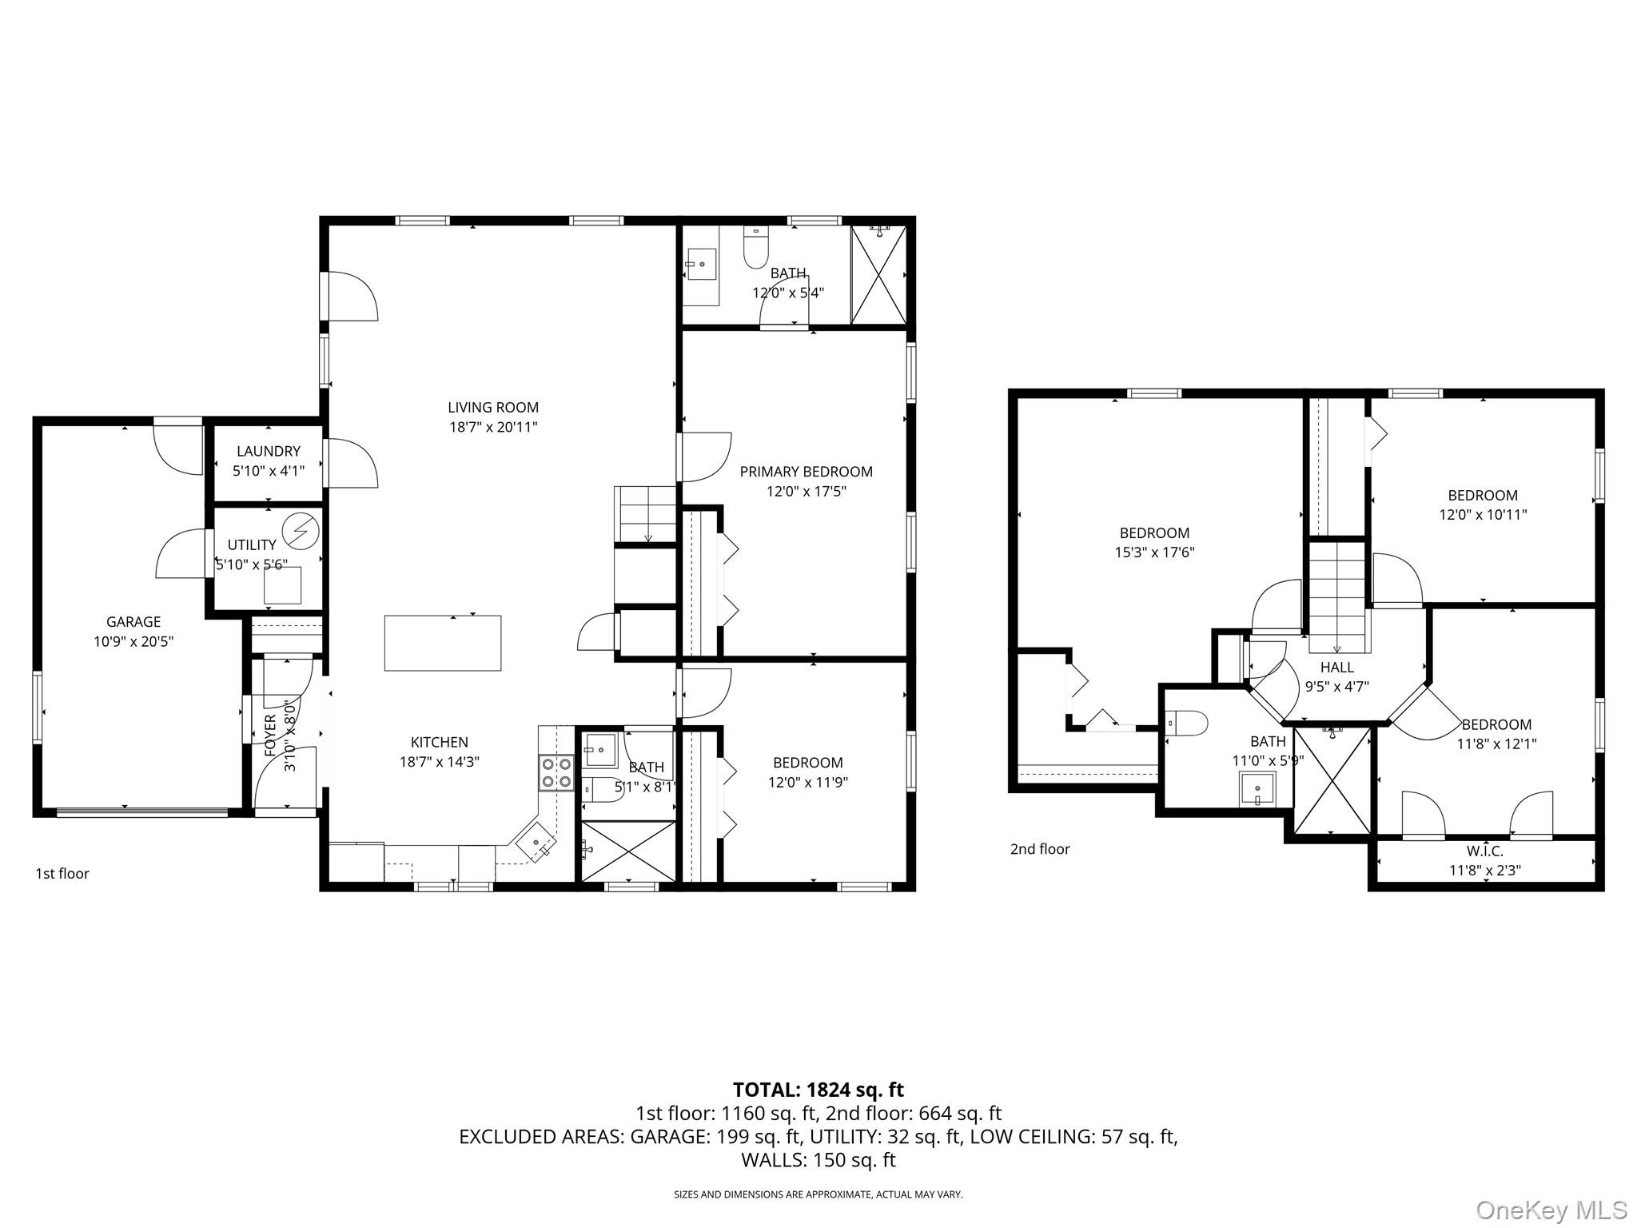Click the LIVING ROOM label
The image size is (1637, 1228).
pyautogui.click(x=493, y=408)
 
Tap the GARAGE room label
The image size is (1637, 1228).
pyautogui.click(x=133, y=622)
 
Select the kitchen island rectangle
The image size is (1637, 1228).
pyautogui.click(x=443, y=643)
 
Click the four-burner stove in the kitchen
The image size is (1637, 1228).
pyautogui.click(x=557, y=772)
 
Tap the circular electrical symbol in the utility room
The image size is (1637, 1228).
pyautogui.click(x=305, y=530)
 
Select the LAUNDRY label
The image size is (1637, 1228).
pyautogui.click(x=269, y=452)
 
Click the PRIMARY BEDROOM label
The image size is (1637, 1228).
pyautogui.click(x=806, y=472)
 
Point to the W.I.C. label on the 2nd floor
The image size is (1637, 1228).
pyautogui.click(x=1485, y=851)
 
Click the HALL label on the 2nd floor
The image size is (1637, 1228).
pyautogui.click(x=1337, y=668)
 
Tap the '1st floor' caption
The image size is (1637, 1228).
pyautogui.click(x=62, y=874)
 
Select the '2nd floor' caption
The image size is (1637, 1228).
pyautogui.click(x=1040, y=849)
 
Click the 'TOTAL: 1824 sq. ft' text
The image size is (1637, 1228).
pyautogui.click(x=818, y=1090)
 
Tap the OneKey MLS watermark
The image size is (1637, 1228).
pyautogui.click(x=1551, y=1210)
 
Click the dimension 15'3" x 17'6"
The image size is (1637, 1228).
pyautogui.click(x=1154, y=552)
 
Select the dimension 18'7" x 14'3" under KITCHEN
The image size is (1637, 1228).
pyautogui.click(x=440, y=762)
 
